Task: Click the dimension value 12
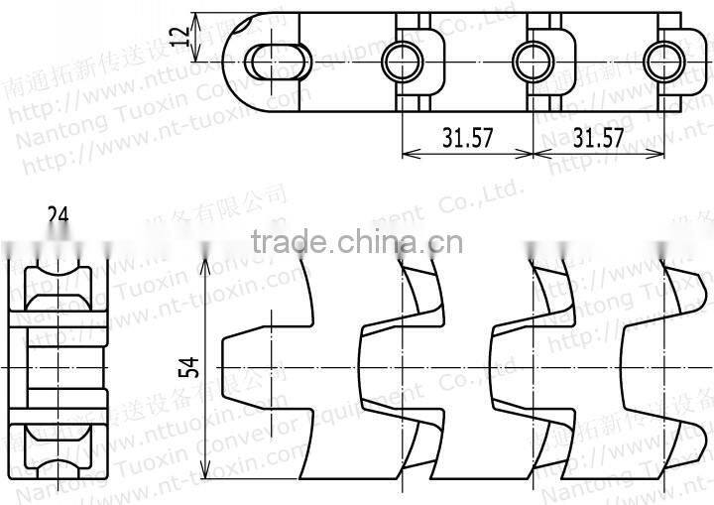tap(179, 37)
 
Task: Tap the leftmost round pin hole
tap(403, 57)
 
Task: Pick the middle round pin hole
tap(533, 57)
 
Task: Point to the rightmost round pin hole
tap(661, 57)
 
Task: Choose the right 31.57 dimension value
tap(598, 138)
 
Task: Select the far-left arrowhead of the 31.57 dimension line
tap(408, 154)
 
